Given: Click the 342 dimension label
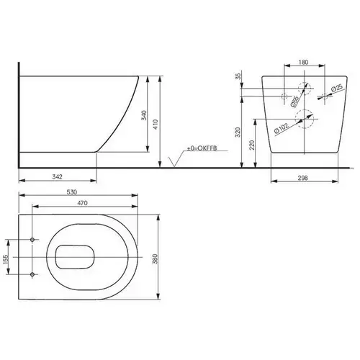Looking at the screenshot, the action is [x=58, y=176].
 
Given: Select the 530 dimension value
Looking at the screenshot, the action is [x=72, y=192].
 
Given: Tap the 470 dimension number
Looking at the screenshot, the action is [x=82, y=203].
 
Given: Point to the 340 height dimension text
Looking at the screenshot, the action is [x=144, y=115].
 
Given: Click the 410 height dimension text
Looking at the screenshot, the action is [x=156, y=125].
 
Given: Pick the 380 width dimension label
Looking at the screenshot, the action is [x=155, y=258].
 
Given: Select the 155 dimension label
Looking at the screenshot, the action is [x=5, y=260].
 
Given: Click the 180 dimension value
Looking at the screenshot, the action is [x=303, y=62].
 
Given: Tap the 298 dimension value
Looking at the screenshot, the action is [x=303, y=178].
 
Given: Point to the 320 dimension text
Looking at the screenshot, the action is [x=238, y=132].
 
